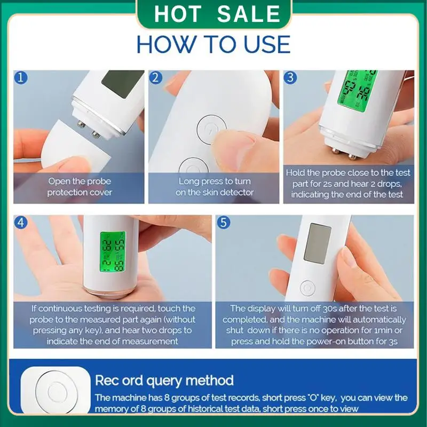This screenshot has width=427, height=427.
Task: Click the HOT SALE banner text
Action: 216,14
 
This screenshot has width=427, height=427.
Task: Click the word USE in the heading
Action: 262,44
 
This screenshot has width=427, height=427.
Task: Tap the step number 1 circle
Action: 21,78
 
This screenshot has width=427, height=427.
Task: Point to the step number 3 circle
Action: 290,78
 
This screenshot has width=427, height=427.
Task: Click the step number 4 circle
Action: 21,223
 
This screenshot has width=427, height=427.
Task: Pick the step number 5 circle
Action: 223,223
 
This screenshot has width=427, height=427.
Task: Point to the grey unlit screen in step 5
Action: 317,243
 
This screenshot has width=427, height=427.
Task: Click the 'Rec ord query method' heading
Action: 164,381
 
